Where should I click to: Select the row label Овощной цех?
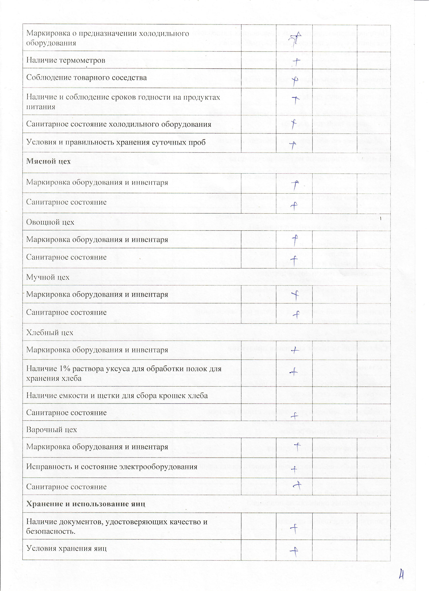point(50,222)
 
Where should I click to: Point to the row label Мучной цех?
point(48,277)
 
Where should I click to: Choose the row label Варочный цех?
point(52,430)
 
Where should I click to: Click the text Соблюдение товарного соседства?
point(86,78)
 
